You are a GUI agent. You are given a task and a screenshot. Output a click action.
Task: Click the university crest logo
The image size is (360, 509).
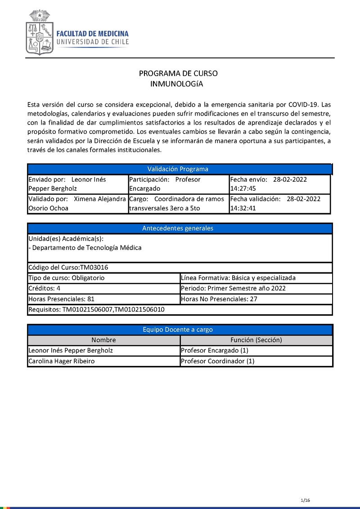40,32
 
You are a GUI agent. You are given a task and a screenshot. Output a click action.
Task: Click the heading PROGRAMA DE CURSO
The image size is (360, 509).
178,74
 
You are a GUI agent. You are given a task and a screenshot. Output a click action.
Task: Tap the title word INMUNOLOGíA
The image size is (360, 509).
177,84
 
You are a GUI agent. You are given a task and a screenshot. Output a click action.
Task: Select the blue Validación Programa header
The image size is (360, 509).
178,169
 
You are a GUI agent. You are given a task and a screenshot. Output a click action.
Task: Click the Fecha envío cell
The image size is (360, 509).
279,184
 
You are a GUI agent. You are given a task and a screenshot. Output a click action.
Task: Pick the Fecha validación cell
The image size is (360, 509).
279,203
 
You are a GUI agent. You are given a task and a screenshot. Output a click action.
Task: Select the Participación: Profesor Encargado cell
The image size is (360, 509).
178,184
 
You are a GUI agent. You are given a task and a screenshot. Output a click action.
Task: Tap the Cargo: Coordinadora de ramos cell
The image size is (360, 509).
178,203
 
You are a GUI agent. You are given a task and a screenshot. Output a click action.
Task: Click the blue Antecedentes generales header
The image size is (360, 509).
178,228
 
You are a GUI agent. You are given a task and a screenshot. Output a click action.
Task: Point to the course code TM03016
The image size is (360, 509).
94,268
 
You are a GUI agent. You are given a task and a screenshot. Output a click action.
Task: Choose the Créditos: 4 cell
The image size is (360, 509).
103,288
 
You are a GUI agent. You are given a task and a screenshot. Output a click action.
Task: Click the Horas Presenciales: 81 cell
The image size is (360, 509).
103,299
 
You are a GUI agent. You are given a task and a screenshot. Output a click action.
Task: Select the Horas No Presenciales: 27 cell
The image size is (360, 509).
256,299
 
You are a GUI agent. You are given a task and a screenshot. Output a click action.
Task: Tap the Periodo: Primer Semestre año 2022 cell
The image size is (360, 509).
256,288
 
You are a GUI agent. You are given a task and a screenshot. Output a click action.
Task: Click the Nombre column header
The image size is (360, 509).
103,340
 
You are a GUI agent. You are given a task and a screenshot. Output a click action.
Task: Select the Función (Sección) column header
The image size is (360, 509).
256,340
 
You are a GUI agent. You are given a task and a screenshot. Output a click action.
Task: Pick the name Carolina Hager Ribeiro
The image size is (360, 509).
62,361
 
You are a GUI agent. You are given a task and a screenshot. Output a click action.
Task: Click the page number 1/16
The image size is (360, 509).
306,500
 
